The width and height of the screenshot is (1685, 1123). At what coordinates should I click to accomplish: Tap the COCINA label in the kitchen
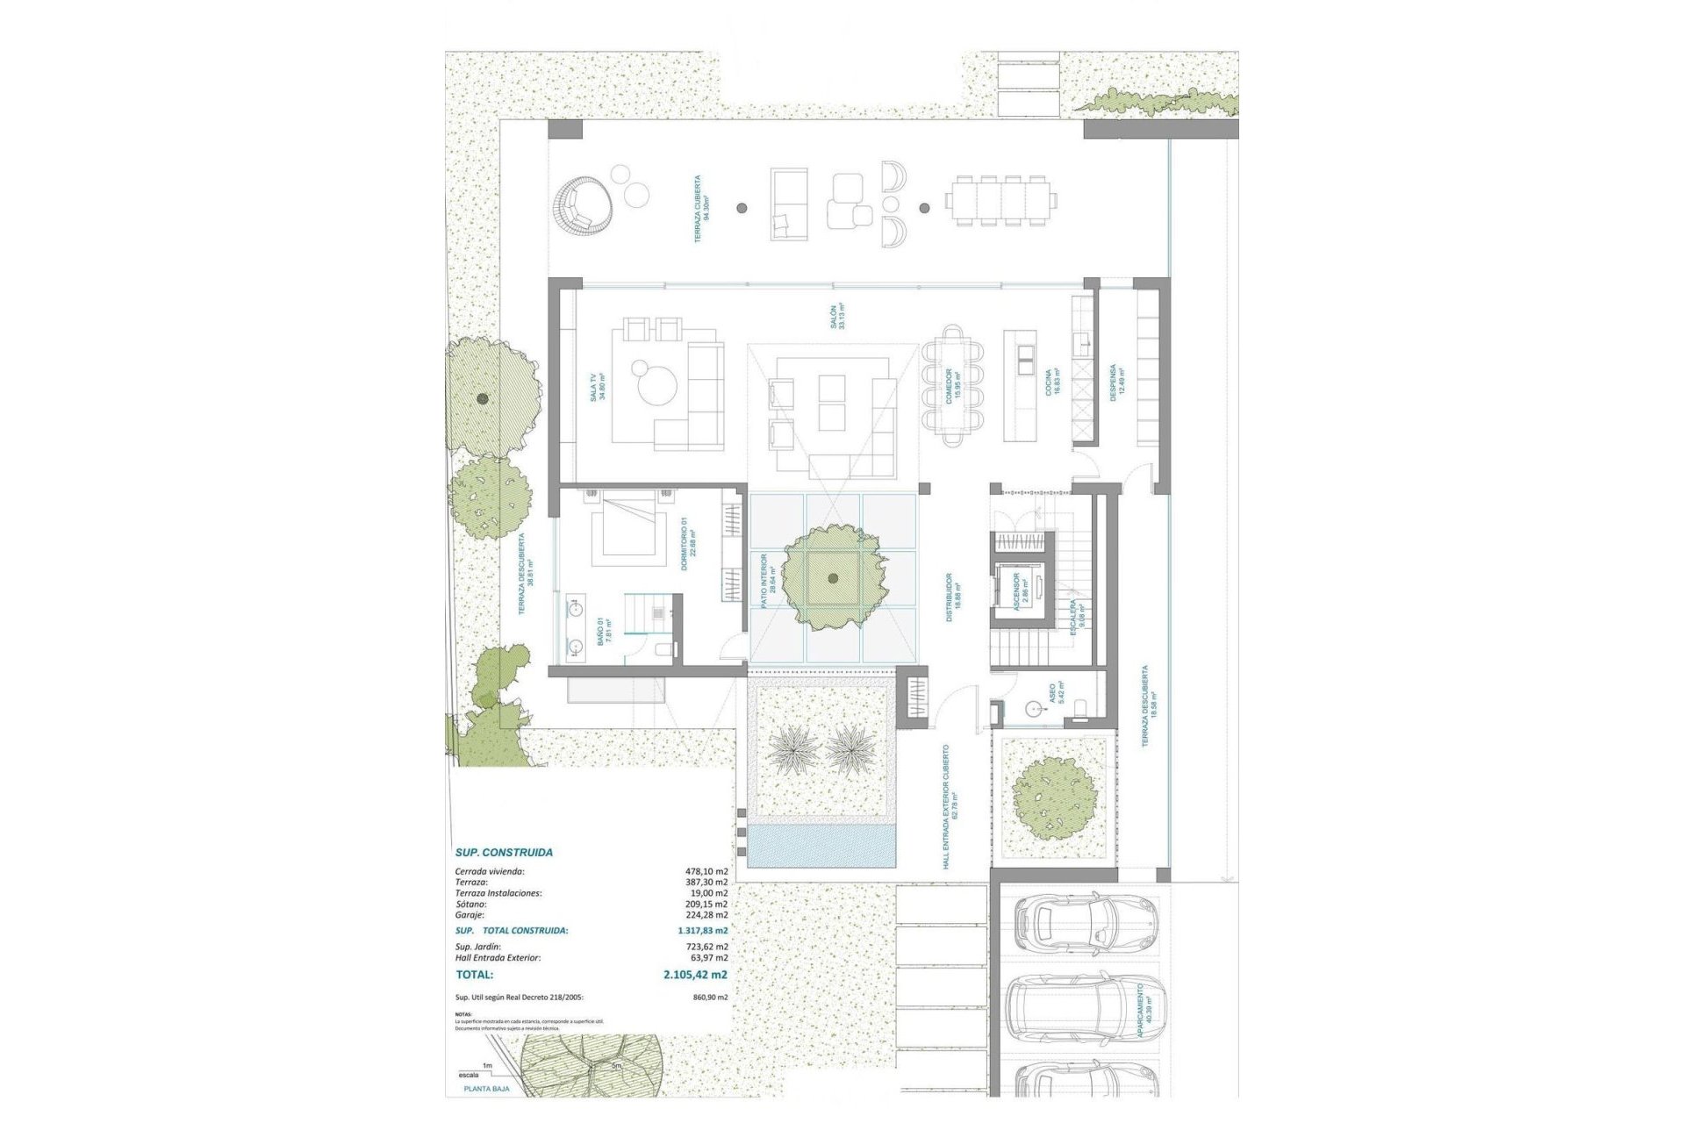tap(1053, 383)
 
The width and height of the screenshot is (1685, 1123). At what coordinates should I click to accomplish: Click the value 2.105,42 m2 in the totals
tap(696, 974)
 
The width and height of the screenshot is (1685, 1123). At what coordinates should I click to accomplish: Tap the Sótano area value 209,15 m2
tap(710, 904)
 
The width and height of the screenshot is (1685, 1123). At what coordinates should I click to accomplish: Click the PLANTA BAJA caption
tap(487, 1089)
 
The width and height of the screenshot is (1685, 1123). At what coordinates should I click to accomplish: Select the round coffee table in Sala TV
tap(656, 385)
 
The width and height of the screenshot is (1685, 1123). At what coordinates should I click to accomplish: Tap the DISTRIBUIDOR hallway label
tap(951, 597)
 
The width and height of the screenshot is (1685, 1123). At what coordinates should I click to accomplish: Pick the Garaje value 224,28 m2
tap(710, 914)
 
